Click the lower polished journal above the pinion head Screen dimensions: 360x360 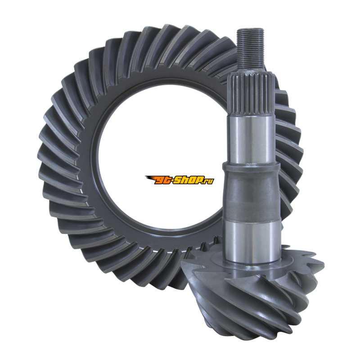pyautogui.click(x=252, y=242)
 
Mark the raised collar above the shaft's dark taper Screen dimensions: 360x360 pyautogui.click(x=251, y=167)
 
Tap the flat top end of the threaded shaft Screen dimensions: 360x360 pyautogui.click(x=250, y=29)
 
